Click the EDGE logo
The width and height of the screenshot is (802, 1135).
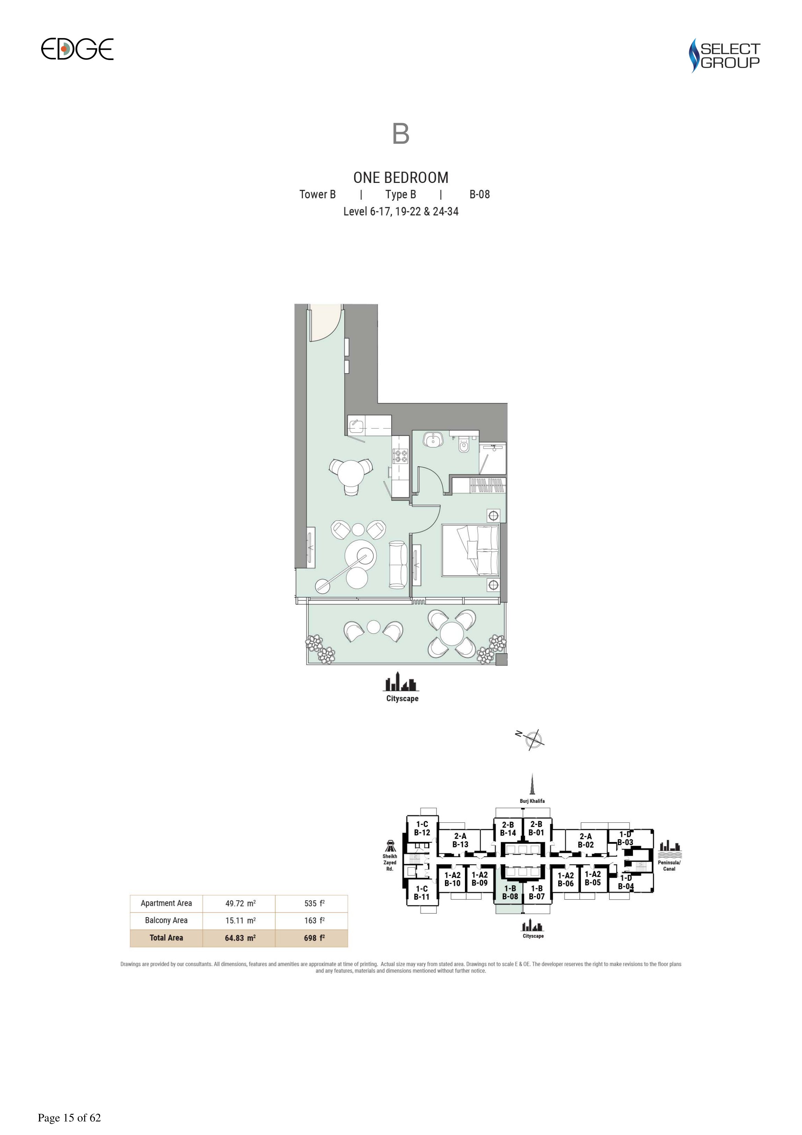pos(77,49)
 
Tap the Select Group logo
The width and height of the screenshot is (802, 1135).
pos(725,55)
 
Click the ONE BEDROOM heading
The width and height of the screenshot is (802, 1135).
pos(401,177)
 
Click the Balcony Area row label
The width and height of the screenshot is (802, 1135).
pos(166,921)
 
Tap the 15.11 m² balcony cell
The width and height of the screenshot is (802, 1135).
pos(240,921)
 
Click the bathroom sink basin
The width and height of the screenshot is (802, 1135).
pos(433,440)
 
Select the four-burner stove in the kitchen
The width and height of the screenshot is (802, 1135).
pos(400,456)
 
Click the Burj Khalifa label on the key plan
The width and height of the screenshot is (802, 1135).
pos(532,801)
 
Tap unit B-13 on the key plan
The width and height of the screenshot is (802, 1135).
pos(460,840)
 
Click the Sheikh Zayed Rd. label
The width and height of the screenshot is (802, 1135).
pos(390,862)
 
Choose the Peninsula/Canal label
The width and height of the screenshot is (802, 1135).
pos(669,866)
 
